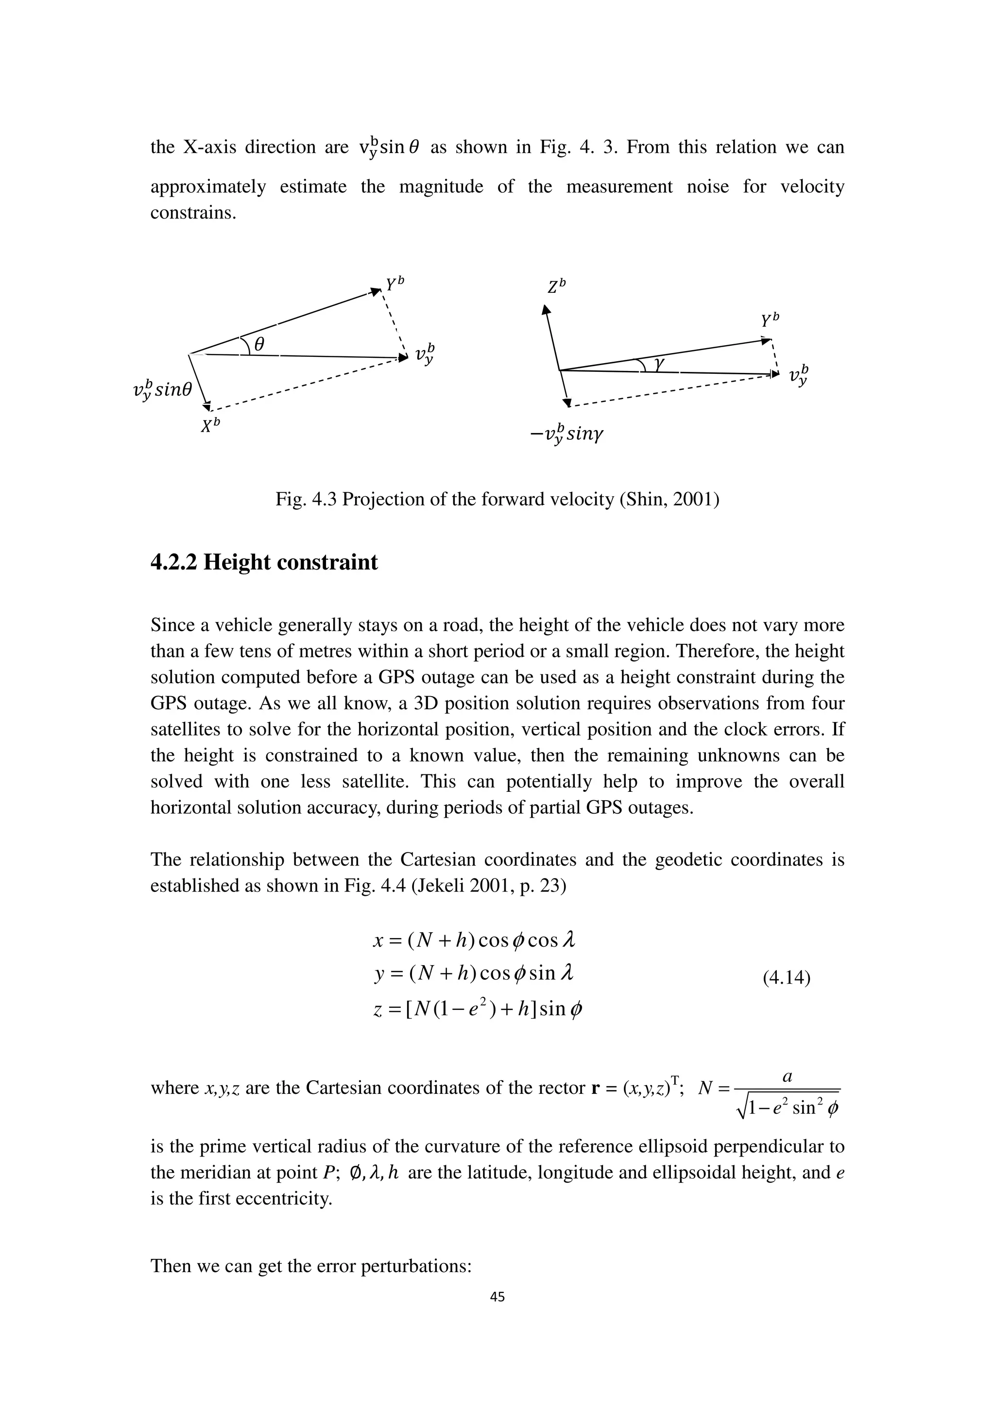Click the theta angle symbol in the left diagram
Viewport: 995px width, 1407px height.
[x=259, y=345]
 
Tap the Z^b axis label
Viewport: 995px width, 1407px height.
[x=556, y=286]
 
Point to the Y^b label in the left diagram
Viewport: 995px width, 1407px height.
[x=395, y=284]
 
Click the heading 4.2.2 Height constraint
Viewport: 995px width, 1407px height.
[x=264, y=562]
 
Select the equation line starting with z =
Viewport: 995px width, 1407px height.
[x=478, y=1009]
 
